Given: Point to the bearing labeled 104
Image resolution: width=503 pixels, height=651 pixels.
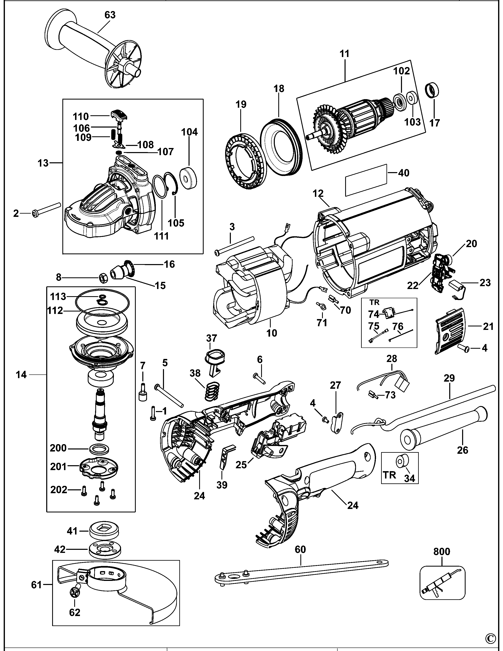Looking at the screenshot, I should click(189, 179).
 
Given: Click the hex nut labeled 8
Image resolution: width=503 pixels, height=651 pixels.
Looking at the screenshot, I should click(103, 278).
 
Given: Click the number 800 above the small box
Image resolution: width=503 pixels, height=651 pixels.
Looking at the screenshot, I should click(442, 551).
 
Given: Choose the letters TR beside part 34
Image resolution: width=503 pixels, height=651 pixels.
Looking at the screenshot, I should click(389, 475).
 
